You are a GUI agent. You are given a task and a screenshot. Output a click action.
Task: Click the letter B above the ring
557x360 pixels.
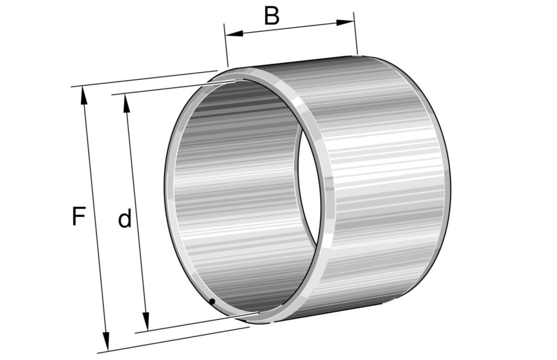[272, 16]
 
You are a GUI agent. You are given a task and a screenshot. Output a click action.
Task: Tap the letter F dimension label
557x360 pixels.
[79, 216]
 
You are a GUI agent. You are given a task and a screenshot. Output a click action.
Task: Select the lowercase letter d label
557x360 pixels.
[124, 218]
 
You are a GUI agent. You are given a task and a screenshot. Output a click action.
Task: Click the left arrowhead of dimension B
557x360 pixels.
[234, 33]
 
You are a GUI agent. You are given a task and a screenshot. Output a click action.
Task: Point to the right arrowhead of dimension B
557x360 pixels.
[345, 22]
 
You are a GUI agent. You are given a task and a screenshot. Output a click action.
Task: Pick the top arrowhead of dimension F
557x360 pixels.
[84, 96]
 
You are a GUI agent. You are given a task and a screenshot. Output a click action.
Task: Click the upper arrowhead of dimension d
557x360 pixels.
[126, 103]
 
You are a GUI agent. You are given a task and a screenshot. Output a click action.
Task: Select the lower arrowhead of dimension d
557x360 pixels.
[146, 322]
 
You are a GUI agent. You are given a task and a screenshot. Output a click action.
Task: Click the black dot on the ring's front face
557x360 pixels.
[212, 302]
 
